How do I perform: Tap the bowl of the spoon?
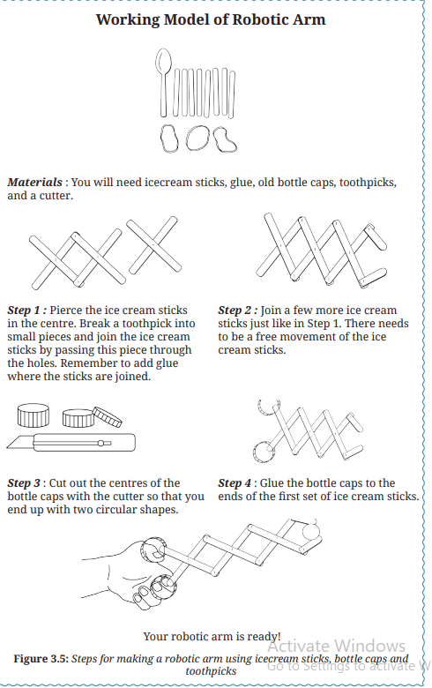[164, 60]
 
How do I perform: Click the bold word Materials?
[34, 182]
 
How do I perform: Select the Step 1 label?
[26, 310]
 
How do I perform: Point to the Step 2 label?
[238, 310]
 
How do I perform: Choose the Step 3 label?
[26, 483]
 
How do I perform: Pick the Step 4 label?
[235, 483]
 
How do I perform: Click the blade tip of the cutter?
[8, 447]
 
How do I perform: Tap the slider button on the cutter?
[101, 443]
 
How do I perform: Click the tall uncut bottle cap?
[34, 415]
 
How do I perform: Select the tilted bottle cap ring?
[107, 416]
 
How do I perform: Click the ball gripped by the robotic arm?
[312, 531]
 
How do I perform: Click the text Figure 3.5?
[41, 659]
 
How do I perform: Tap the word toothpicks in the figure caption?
[211, 671]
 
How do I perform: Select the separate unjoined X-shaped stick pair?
[153, 244]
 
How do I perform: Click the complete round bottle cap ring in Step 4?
[264, 452]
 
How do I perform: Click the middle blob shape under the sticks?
[197, 138]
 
